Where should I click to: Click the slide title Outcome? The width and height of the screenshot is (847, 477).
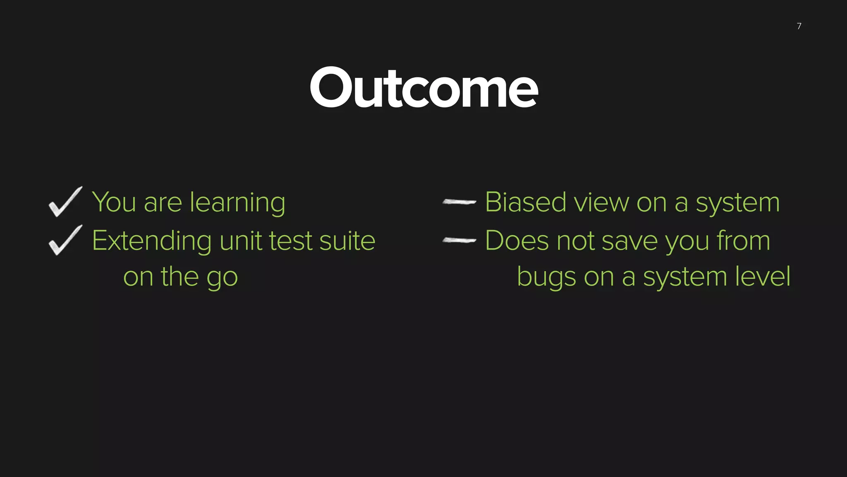423,88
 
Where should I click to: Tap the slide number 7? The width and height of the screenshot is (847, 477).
799,26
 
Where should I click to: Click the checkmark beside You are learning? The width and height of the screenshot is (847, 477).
65,202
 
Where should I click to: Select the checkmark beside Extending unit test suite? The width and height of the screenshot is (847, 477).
65,240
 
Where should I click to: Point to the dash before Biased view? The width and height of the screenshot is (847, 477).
459,202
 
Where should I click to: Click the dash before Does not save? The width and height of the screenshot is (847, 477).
459,240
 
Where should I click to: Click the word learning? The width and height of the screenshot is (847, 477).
237,203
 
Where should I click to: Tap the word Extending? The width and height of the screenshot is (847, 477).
151,241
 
